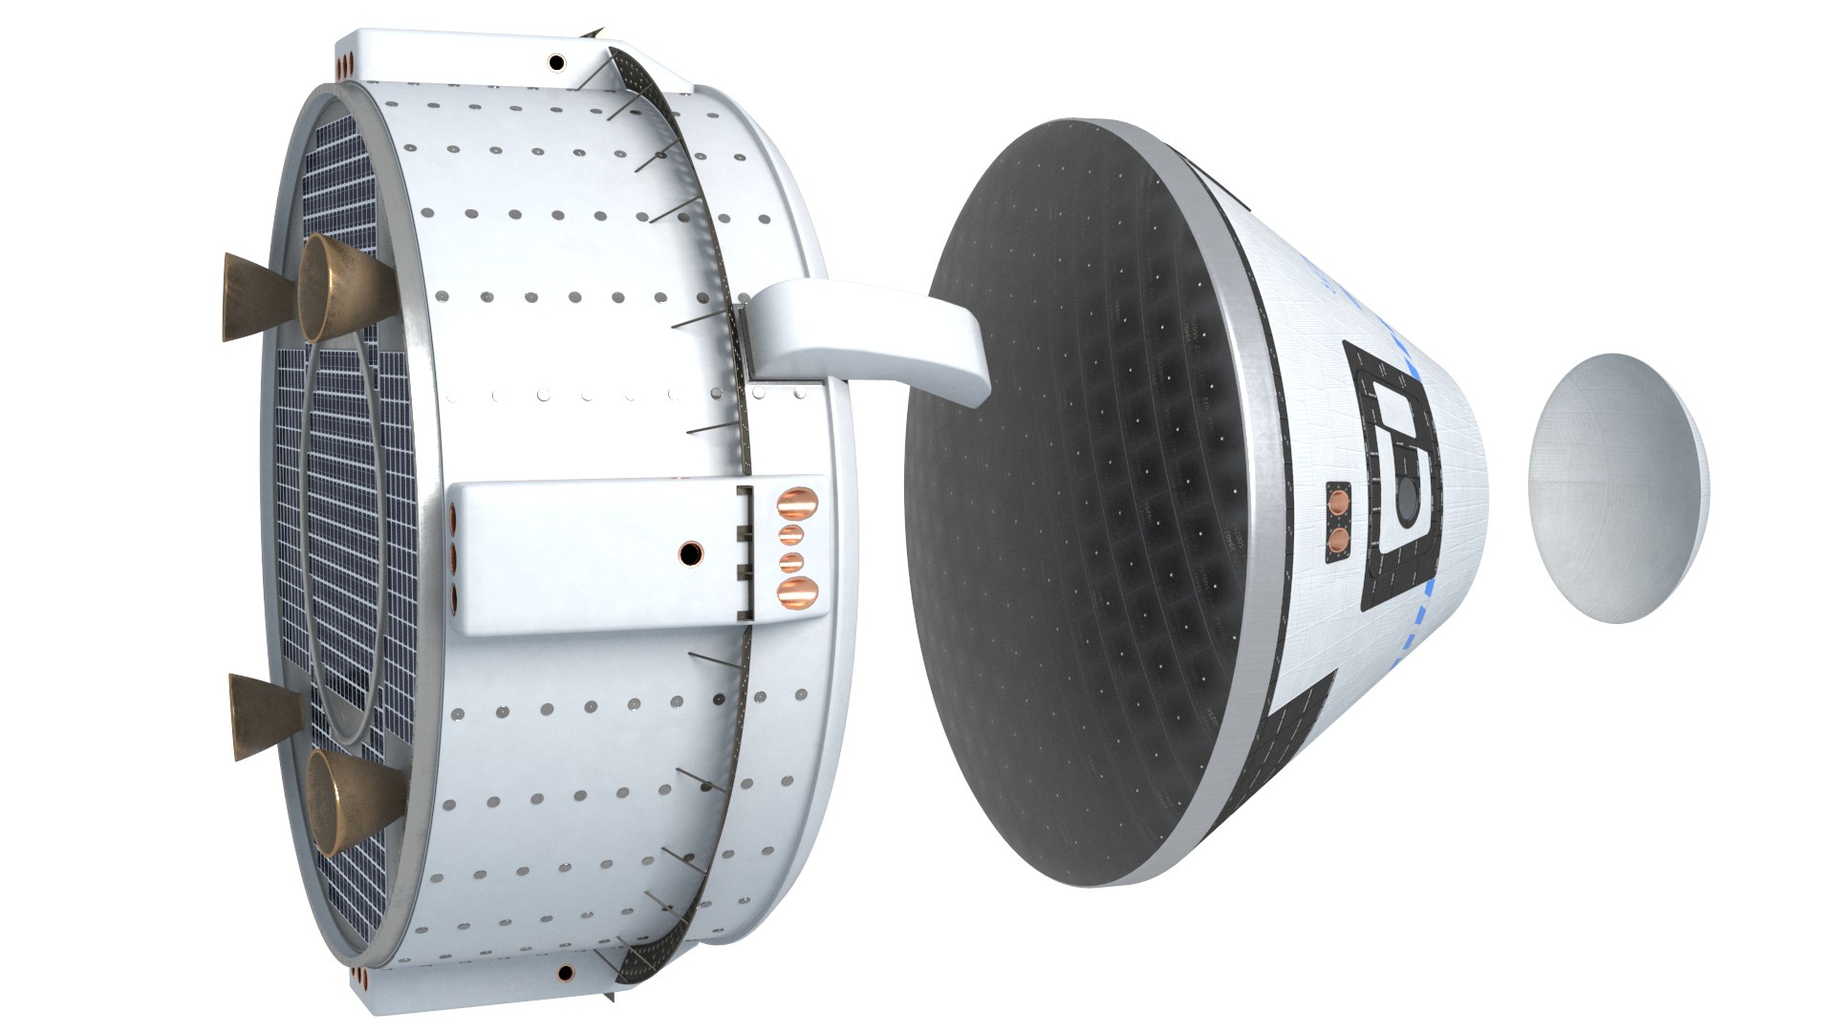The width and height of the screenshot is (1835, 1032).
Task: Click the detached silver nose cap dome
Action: pos(1615,489)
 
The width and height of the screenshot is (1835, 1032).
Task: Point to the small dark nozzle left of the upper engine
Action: pos(250,298)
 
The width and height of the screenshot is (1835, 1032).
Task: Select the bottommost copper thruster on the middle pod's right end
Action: pos(796,591)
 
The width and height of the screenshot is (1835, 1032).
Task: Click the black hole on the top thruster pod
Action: pos(555,63)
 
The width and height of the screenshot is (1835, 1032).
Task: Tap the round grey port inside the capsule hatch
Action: pos(1409,498)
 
